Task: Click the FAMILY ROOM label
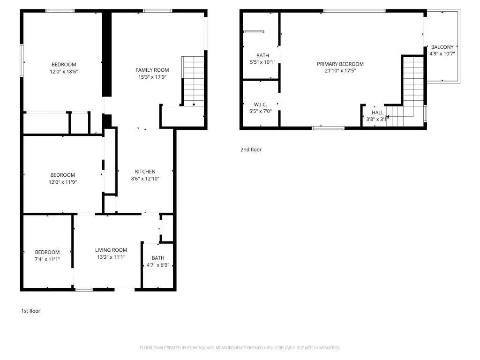[x=152, y=70]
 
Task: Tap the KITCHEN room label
[x=145, y=172]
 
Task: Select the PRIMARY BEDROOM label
[x=340, y=64]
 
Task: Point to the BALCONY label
[x=442, y=47]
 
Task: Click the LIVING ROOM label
[x=111, y=250]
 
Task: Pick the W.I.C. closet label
[x=260, y=105]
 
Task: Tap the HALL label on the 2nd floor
[x=377, y=112]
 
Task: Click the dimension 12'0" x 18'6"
[x=64, y=72]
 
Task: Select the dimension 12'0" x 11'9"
[x=62, y=182]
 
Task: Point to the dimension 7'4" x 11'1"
[x=47, y=259]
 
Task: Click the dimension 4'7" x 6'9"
[x=157, y=265]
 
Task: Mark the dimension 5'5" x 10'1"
[x=262, y=62]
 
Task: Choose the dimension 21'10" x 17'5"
[x=340, y=71]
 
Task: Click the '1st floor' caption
[x=30, y=311]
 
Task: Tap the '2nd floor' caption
[x=251, y=150]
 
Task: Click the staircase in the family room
[x=193, y=81]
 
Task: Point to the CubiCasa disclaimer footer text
[x=240, y=348]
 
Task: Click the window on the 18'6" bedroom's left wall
[x=22, y=60]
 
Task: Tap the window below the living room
[x=84, y=290]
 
